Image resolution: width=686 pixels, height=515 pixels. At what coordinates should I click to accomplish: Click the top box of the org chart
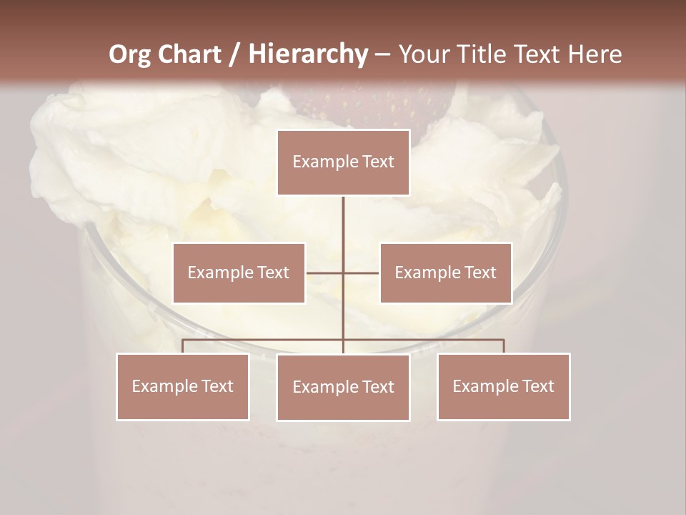(343, 162)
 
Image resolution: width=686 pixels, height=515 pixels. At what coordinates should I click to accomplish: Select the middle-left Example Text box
(239, 273)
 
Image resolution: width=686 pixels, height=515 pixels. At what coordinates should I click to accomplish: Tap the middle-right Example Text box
(445, 273)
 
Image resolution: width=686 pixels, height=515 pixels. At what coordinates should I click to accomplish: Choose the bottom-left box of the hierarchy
(183, 386)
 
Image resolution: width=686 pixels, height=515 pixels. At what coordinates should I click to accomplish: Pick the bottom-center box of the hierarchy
(343, 387)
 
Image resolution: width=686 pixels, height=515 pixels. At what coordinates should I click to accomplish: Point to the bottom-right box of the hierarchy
(503, 386)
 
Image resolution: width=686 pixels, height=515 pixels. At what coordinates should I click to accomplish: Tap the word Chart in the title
(189, 54)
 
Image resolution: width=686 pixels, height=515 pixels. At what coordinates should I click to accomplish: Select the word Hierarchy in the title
(307, 54)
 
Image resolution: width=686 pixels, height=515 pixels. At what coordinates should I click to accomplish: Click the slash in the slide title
(234, 54)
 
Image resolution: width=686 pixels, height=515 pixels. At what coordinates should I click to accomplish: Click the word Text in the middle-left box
(272, 273)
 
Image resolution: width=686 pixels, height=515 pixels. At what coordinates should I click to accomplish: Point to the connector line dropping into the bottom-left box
(183, 346)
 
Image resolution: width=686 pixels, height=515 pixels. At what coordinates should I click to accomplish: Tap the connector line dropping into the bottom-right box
(504, 346)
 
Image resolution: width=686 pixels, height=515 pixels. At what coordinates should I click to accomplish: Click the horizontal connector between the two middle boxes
(343, 273)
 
